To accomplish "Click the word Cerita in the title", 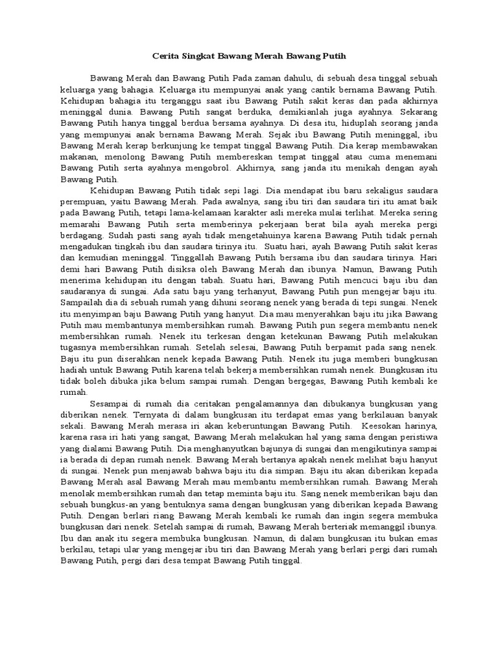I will click(162, 56).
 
